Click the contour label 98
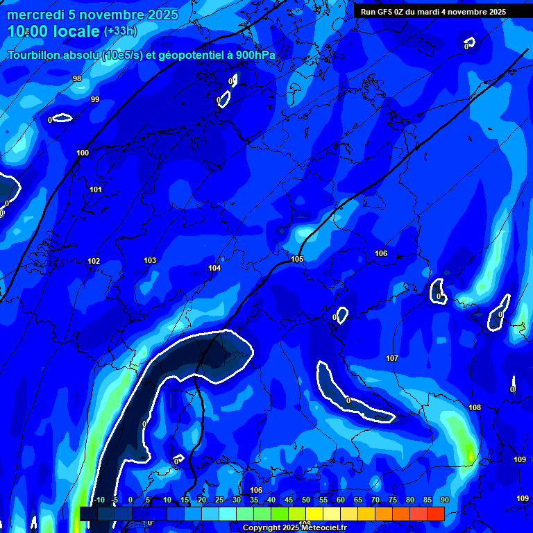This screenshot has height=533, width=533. (77, 79)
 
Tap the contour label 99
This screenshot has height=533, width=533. (95, 100)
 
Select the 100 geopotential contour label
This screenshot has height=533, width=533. (83, 153)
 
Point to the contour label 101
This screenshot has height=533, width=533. (96, 189)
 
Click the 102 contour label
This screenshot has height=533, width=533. (94, 262)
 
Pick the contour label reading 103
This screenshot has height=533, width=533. (150, 261)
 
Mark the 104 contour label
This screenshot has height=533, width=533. (214, 268)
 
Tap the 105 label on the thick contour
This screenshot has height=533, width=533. (297, 260)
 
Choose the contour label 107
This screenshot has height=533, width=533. (392, 358)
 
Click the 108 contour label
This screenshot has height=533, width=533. (475, 407)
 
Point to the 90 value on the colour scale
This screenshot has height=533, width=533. (445, 500)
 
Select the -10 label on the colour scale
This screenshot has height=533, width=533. (99, 500)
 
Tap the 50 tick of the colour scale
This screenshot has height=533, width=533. (306, 500)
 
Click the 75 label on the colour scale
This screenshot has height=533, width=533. (393, 500)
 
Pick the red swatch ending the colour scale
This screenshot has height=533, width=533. (436, 514)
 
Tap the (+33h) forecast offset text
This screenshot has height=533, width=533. (120, 31)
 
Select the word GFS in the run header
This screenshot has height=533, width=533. (385, 12)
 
